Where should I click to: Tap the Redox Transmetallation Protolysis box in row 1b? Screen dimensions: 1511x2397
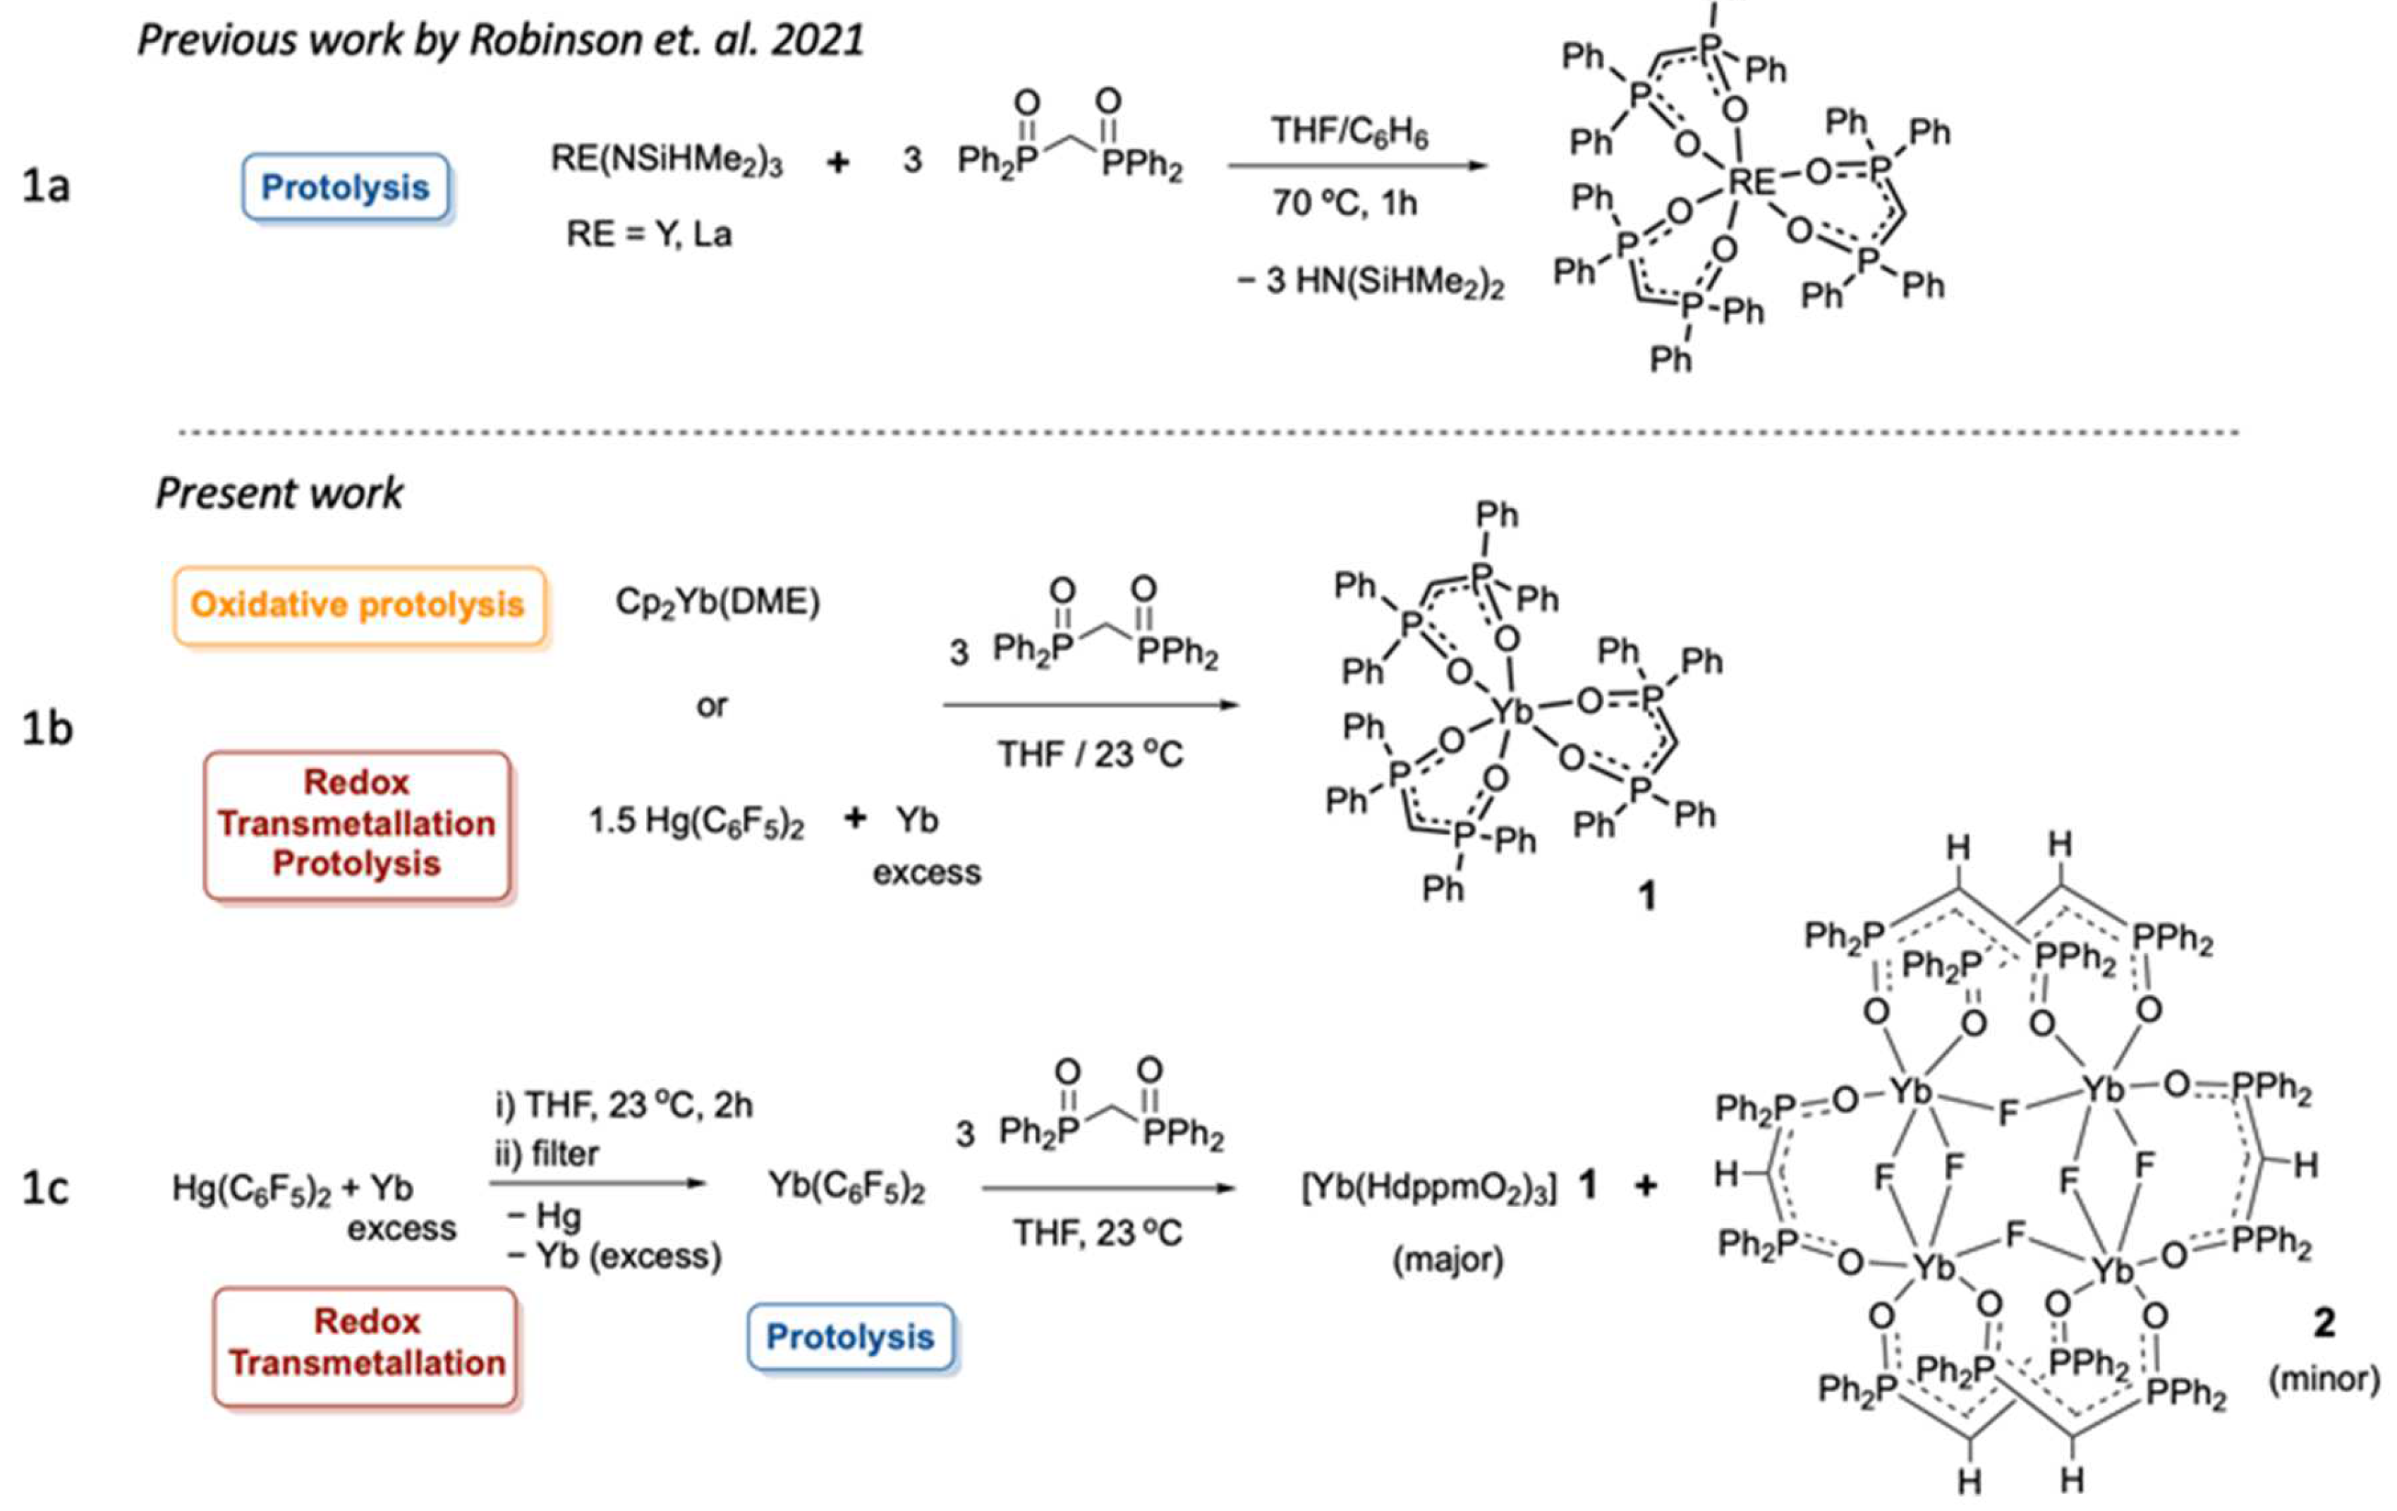pos(356,824)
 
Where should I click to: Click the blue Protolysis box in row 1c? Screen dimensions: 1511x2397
pos(850,1337)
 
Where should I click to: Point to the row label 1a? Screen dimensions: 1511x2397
pos(46,186)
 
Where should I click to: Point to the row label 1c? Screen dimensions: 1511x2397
pos(46,1187)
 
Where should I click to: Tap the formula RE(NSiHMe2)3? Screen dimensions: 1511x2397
pos(667,159)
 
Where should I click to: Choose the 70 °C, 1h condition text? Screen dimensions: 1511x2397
pos(1344,203)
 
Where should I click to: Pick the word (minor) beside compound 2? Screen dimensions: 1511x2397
pos(2324,1378)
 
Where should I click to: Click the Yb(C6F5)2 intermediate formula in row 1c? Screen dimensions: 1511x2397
pos(846,1187)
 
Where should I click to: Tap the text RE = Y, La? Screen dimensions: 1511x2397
pos(649,234)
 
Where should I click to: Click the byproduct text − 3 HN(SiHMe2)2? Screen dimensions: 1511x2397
pos(1370,281)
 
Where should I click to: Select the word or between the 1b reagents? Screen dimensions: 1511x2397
pos(712,705)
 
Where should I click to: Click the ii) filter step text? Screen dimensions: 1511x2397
pos(547,1153)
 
